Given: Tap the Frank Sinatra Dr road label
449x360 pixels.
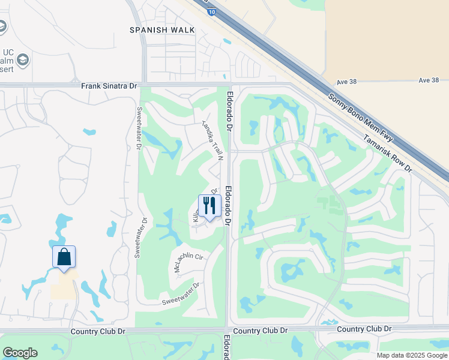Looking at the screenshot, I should tap(110, 86).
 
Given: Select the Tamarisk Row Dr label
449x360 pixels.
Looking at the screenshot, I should tap(388, 153).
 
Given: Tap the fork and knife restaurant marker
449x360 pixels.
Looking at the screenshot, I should tap(209, 206).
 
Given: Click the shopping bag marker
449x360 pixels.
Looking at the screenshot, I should tap(64, 257).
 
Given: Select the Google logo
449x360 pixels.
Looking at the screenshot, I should tap(20, 353).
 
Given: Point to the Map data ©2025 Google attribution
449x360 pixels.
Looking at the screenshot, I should tap(411, 355).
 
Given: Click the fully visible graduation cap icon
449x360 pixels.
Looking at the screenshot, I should tap(23, 59).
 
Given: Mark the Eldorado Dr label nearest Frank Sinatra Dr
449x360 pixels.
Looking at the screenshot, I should tap(229, 110).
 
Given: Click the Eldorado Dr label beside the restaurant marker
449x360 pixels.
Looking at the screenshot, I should tap(228, 205).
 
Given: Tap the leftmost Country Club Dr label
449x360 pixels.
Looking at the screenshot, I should tap(97, 331).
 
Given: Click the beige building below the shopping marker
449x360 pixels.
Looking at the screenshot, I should tap(64, 286).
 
